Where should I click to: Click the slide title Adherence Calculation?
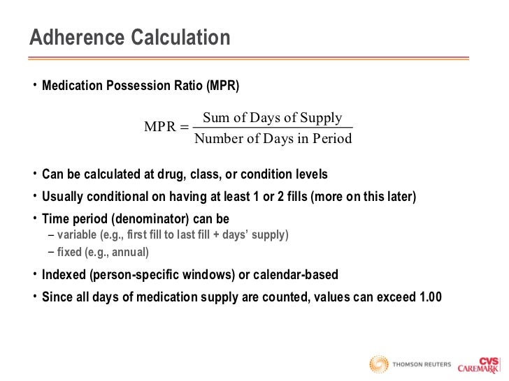(129, 38)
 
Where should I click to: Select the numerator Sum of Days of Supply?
(272, 117)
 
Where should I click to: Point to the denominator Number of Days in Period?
(273, 138)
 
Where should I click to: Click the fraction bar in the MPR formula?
(272, 128)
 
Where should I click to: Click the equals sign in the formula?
(184, 127)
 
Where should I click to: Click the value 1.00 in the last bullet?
(429, 297)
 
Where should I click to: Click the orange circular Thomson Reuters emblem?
(379, 364)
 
